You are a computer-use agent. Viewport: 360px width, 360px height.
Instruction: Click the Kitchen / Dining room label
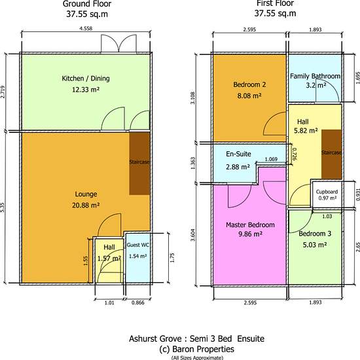pos(86,79)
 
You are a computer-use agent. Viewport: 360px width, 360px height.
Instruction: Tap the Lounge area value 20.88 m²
pos(86,205)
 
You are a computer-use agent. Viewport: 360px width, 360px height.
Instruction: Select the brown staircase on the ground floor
pos(139,163)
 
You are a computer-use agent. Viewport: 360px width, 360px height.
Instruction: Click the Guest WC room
pos(137,258)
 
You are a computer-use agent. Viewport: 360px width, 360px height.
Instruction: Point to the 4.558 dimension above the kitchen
pos(86,28)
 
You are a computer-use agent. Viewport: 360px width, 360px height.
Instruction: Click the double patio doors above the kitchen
pos(118,43)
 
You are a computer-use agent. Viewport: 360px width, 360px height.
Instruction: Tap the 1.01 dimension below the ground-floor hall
pos(109,302)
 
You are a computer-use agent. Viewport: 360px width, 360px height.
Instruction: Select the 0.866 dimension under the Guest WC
pos(138,302)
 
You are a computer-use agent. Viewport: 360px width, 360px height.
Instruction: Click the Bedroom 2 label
pos(249,84)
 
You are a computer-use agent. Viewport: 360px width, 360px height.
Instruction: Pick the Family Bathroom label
pos(315,76)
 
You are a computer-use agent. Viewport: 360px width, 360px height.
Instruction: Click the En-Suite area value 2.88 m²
pos(238,167)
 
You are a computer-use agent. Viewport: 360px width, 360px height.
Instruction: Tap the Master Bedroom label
pos(250,225)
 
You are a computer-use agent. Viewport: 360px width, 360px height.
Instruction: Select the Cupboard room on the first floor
pos(327,194)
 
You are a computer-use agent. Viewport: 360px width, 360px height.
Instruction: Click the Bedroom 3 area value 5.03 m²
pos(315,245)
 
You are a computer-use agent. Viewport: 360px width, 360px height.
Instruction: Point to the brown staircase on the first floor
pos(331,154)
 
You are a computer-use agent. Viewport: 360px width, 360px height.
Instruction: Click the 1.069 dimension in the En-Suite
pos(271,159)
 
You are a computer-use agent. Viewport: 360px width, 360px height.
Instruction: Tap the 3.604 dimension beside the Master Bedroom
pos(193,235)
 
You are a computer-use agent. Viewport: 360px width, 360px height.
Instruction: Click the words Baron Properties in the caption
pos(203,350)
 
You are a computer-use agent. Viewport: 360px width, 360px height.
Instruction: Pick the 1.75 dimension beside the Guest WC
pos(172,258)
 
